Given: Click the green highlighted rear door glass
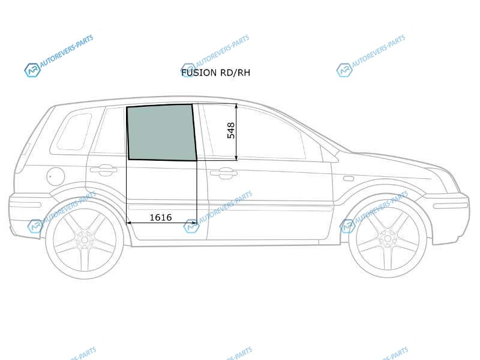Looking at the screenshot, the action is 161,132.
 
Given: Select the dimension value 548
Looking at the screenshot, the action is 231,130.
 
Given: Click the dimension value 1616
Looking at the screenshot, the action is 160,217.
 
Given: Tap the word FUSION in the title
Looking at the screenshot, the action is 199,73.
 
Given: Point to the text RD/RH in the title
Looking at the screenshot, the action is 235,73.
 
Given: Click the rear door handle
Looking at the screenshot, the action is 103,170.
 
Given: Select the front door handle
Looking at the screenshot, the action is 223,173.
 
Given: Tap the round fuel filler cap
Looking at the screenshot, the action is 55,176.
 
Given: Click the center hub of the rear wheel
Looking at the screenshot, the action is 85,239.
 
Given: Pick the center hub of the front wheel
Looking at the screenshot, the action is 387,238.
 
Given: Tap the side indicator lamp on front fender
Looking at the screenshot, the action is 349,178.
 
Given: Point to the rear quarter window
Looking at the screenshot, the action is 74,131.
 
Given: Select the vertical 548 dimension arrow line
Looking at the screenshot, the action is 236,132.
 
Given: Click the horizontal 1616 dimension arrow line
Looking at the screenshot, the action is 161,223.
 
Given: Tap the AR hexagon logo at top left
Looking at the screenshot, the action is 32,70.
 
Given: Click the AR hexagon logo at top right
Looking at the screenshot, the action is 344,70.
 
